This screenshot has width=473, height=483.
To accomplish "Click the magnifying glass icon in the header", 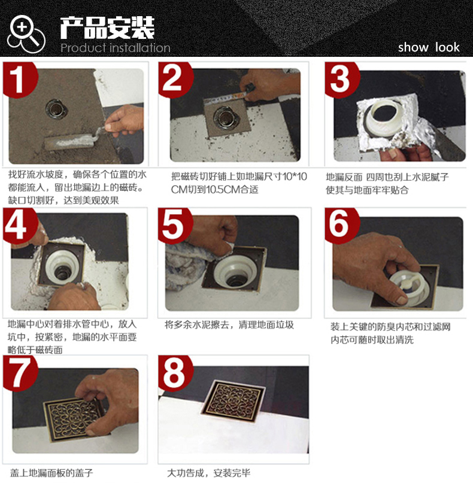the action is [x=26, y=34].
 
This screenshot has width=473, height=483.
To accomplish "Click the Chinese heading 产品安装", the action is [x=107, y=28].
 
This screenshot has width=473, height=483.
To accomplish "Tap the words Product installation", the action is [x=115, y=48].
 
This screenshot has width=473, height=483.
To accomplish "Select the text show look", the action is [x=429, y=47].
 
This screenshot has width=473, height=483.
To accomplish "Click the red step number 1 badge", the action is [x=19, y=78].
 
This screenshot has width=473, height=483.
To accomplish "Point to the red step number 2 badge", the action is [x=175, y=78].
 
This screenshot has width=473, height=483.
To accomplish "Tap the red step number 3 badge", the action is [x=341, y=78].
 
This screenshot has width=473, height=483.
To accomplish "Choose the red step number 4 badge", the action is [x=19, y=226].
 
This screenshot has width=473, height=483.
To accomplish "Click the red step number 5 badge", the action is [x=175, y=226].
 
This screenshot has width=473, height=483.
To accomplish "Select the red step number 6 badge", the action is [x=341, y=226].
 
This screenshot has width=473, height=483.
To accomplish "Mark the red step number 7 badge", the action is [x=20, y=373].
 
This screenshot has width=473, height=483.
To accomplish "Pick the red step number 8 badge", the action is [x=175, y=373].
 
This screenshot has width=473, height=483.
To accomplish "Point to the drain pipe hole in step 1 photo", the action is [x=56, y=109].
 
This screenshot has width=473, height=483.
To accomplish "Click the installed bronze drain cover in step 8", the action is [x=234, y=401].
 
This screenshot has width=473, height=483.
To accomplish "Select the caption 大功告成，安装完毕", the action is [x=208, y=473].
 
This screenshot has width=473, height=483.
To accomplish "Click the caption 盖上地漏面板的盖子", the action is [x=51, y=473].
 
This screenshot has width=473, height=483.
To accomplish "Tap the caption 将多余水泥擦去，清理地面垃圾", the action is [x=229, y=324].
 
